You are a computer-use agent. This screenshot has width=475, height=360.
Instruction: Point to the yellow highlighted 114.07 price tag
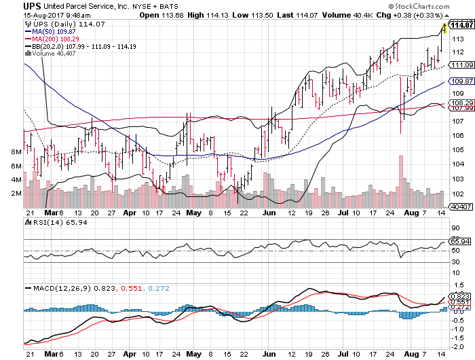[461, 26]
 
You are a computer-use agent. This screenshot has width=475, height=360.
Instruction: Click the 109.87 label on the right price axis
[461, 81]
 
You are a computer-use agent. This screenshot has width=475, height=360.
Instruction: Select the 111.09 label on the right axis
[461, 65]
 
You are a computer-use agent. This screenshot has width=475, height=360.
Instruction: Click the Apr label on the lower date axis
[131, 354]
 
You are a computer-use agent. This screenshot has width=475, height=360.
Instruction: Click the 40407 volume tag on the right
[461, 206]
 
